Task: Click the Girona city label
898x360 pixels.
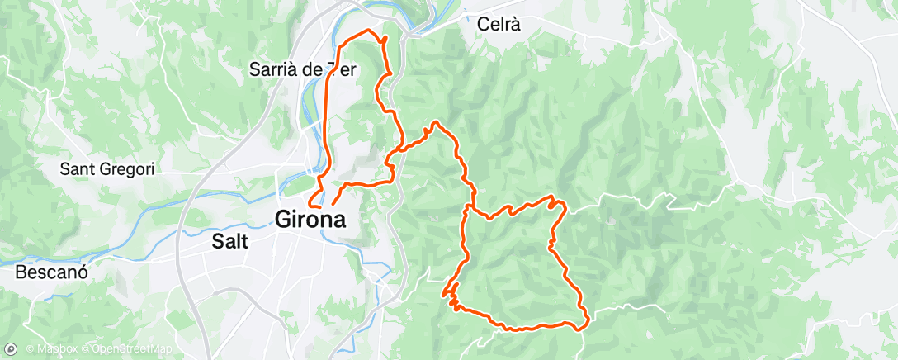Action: (310, 220)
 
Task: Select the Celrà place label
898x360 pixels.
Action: (499, 25)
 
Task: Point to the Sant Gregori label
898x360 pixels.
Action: (108, 170)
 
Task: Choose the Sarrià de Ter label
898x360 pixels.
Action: (302, 70)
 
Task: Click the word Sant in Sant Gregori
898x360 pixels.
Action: (78, 170)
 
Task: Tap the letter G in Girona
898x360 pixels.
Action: (284, 220)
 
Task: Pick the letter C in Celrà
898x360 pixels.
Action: (483, 25)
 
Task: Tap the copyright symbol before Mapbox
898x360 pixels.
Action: (30, 348)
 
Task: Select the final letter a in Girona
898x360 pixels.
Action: (338, 220)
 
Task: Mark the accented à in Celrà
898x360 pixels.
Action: (516, 25)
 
